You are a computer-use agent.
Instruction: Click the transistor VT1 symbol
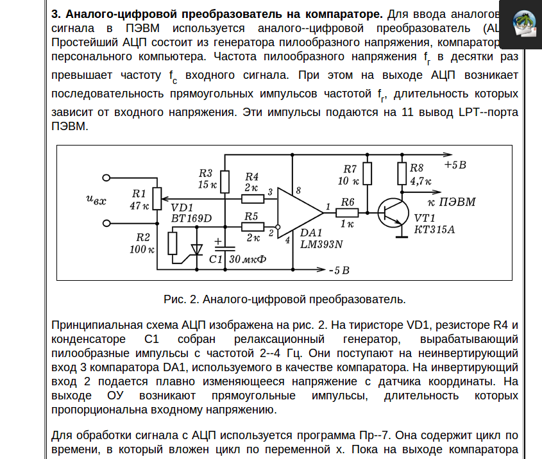(393, 212)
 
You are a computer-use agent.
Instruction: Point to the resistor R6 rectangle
(348, 212)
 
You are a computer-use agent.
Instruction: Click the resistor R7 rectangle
(368, 173)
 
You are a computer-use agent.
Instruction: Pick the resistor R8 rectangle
(402, 173)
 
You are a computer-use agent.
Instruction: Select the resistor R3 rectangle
(224, 179)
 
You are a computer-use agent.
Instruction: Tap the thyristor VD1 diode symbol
(196, 249)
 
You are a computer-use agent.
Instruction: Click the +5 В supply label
(455, 165)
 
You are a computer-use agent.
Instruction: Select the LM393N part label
(321, 244)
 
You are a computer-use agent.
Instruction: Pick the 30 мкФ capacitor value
(247, 260)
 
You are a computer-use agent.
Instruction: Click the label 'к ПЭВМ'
(455, 202)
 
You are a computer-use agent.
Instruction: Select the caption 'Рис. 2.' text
(183, 299)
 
